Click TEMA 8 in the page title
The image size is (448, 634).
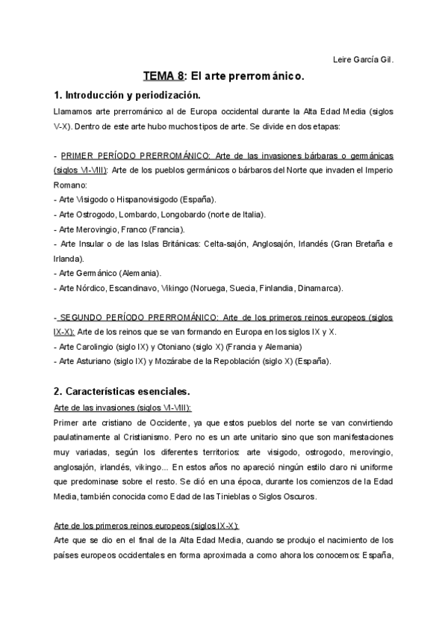(164, 76)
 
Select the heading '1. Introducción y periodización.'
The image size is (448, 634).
(127, 96)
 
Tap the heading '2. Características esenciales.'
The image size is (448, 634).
(122, 390)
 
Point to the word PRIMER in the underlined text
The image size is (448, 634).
(78, 156)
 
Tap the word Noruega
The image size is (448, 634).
(211, 288)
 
